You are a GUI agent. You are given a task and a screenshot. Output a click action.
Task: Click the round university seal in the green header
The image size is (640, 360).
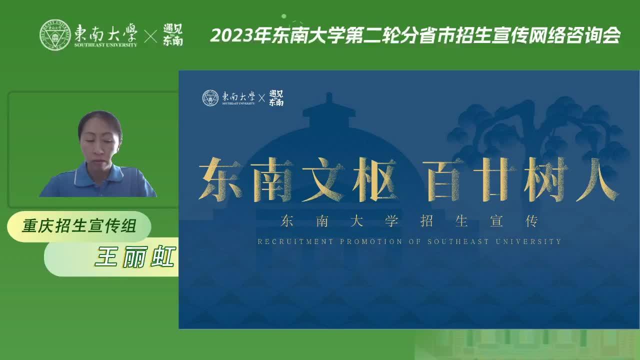coord(55,35)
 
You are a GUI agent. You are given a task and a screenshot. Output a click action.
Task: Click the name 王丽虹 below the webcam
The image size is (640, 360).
coord(135,257)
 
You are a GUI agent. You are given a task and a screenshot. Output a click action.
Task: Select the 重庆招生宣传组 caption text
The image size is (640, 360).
coord(79,225)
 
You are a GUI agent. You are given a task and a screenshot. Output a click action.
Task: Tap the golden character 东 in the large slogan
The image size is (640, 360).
coord(219,179)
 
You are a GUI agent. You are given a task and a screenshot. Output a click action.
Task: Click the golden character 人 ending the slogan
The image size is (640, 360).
coord(597,179)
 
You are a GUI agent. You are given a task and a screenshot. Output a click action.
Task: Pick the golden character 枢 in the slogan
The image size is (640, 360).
coord(374,179)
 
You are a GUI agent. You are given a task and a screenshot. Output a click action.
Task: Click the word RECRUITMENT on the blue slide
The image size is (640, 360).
coord(295,241)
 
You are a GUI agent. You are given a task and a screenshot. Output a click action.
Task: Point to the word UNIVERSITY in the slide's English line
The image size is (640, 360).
coord(528,241)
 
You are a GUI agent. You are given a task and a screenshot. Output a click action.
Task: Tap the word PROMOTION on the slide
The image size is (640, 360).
coord(371,241)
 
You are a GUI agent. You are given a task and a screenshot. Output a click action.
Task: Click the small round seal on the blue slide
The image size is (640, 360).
coord(210,98)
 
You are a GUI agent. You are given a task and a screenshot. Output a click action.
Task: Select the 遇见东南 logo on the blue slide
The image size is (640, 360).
coord(276,98)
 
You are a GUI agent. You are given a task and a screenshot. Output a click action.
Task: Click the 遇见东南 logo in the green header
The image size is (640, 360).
coord(173,35)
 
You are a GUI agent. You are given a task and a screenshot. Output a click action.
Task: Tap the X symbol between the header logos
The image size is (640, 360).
coord(150,36)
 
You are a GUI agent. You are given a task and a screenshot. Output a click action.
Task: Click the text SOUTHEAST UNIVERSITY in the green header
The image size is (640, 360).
coord(105,45)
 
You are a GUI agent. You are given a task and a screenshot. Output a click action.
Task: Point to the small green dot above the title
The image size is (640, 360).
coord(283,16)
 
